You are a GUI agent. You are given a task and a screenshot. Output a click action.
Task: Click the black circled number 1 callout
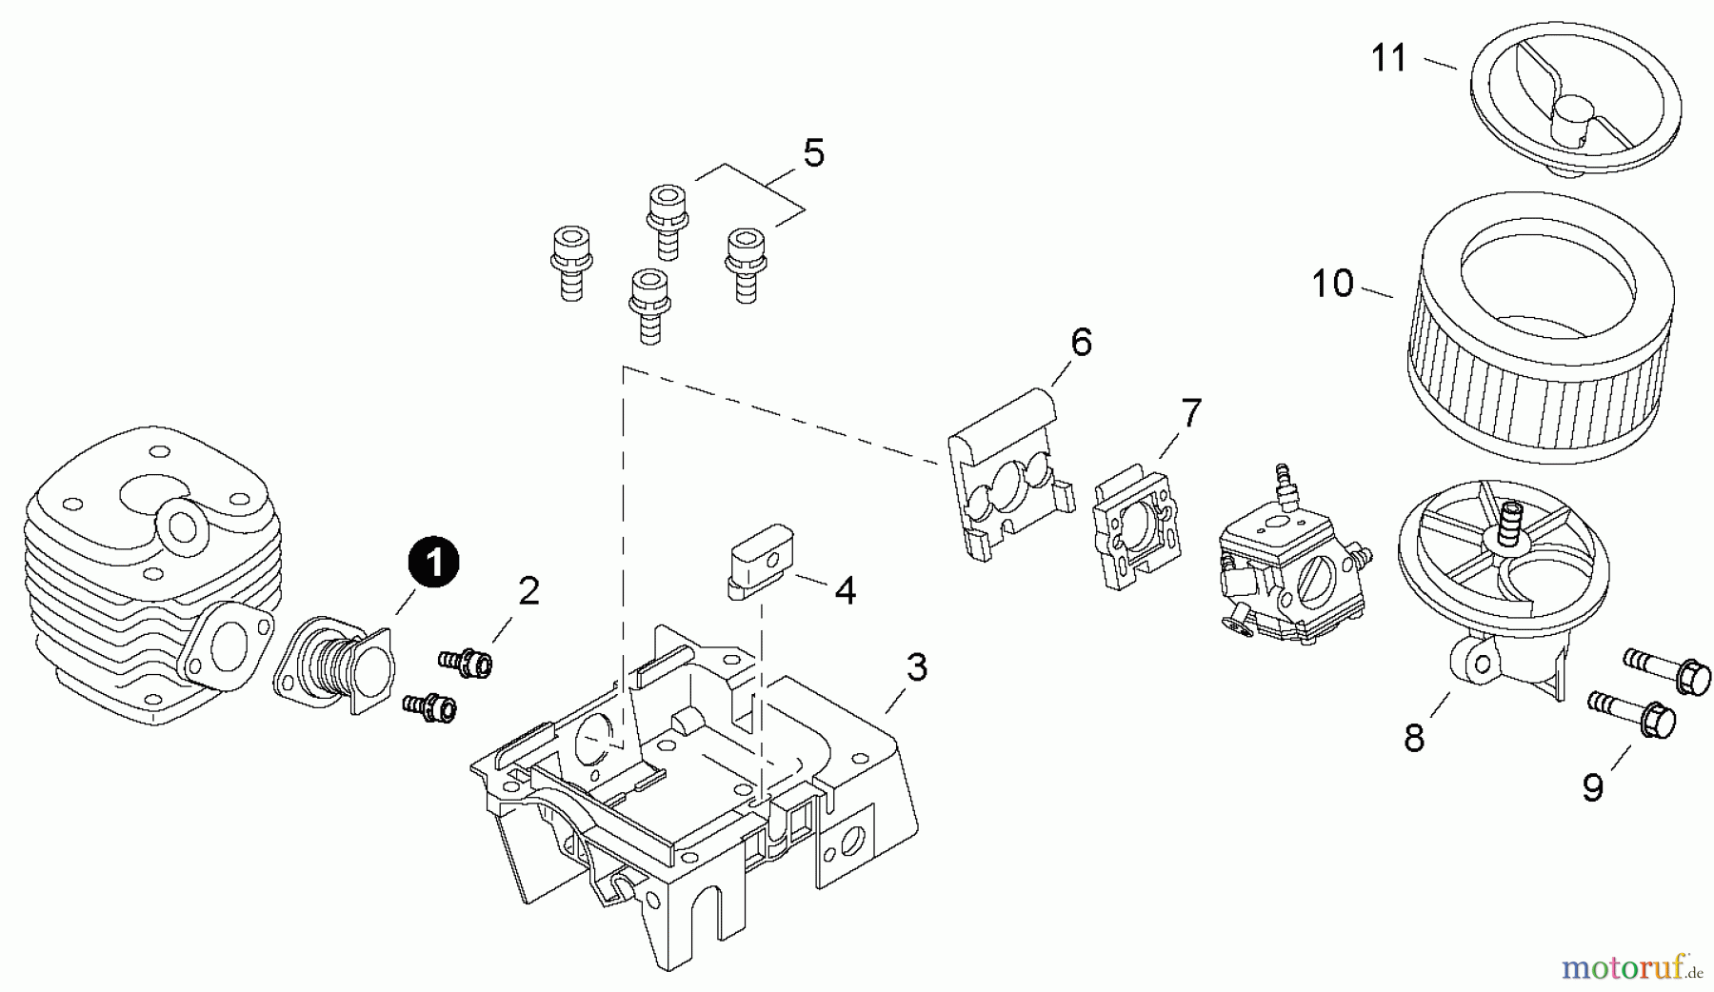point(434,564)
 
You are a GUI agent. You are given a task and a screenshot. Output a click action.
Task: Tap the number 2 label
point(528,592)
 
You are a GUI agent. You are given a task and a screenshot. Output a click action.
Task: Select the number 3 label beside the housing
point(916,668)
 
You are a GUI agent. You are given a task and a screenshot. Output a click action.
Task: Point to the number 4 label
point(845,591)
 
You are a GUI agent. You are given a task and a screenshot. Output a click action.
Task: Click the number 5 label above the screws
point(813,153)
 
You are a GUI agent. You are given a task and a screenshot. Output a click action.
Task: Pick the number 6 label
point(1081,342)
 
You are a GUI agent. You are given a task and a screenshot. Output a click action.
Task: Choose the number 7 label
point(1190,413)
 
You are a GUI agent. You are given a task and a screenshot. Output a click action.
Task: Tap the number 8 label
point(1414,738)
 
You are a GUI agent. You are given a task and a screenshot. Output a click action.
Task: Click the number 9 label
point(1593,787)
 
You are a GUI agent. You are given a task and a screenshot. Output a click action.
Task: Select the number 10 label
point(1332,284)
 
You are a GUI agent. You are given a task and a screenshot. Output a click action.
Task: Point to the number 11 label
point(1389,59)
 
